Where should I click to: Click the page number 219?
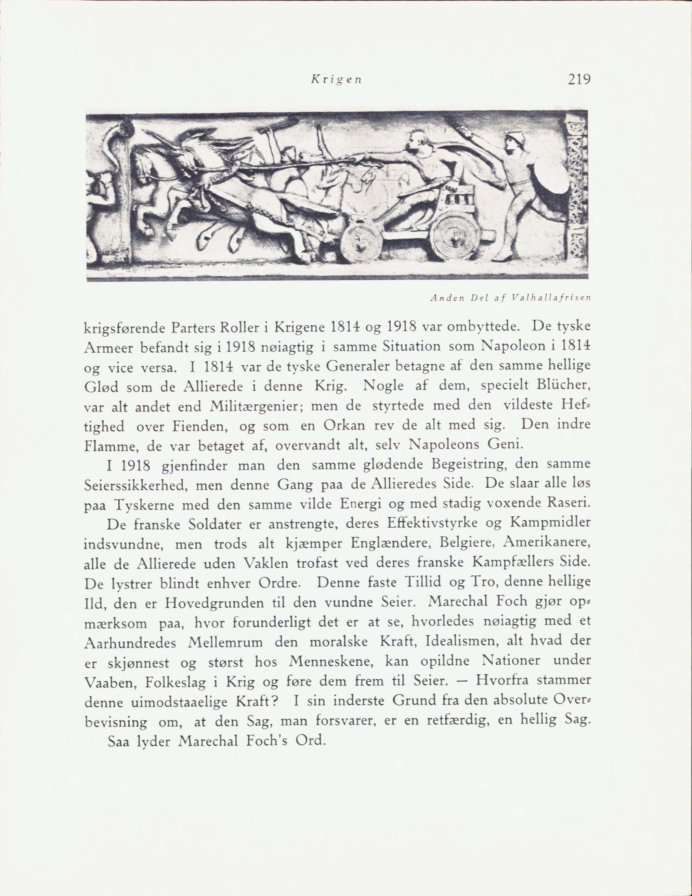point(579,79)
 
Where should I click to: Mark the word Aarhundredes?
point(130,642)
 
